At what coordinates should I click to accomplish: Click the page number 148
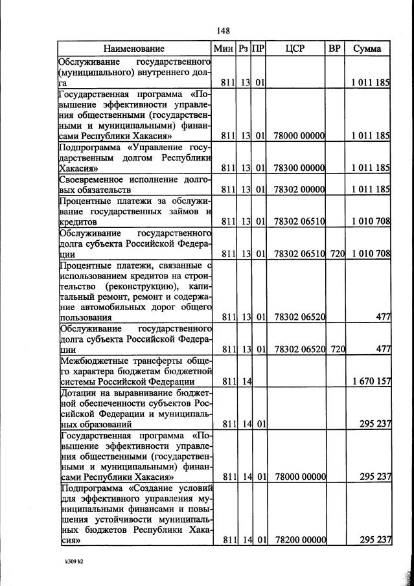(224, 30)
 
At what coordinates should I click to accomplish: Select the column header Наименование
(134, 49)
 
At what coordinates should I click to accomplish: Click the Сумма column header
(367, 49)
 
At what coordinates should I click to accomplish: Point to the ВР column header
(334, 49)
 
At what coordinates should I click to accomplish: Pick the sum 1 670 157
(370, 381)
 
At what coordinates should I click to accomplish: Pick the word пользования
(85, 317)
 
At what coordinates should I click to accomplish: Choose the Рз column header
(244, 49)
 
